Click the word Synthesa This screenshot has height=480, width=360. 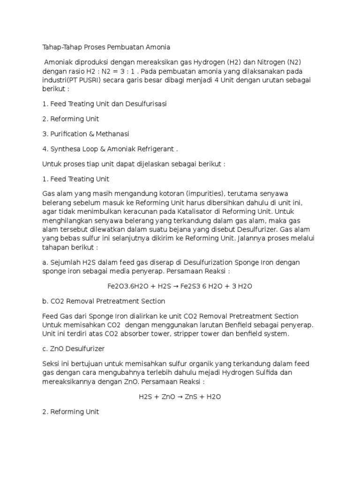coord(64,149)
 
